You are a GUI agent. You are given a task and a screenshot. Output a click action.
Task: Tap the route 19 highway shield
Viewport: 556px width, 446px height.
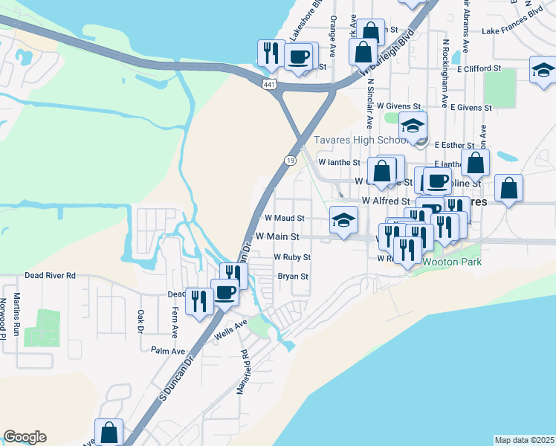(x=290, y=160)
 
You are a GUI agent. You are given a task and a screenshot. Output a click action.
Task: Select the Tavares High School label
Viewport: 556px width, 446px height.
(x=358, y=140)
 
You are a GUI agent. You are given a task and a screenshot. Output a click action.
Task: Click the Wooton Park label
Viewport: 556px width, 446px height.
(x=452, y=262)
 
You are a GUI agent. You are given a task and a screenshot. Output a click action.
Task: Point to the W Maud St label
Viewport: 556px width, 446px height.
(x=285, y=219)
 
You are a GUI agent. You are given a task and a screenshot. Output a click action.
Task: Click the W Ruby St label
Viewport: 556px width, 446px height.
(x=291, y=256)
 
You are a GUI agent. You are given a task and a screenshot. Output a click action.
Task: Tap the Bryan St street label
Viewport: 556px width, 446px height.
(x=293, y=276)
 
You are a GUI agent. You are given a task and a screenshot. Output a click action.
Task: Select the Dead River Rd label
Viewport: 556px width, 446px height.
(x=51, y=275)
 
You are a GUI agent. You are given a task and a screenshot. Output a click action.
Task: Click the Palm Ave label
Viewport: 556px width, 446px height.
(x=167, y=349)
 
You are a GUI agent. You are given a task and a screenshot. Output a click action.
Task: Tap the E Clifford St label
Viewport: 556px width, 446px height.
(x=480, y=68)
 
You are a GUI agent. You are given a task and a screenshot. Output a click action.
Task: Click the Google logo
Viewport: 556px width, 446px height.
(x=25, y=437)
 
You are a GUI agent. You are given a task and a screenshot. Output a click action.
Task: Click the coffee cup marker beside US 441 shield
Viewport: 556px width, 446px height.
(x=300, y=57)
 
